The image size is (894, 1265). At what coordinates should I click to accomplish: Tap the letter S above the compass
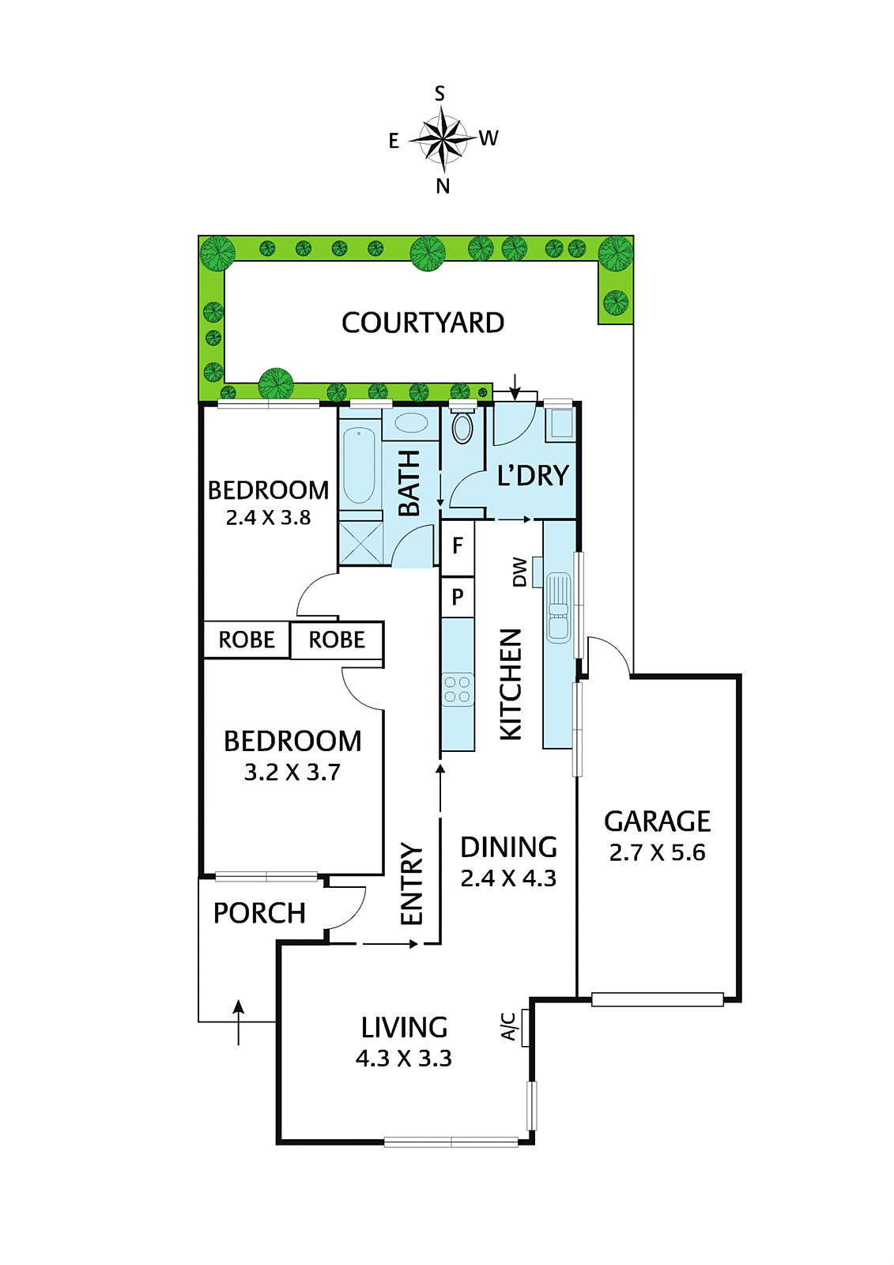(439, 93)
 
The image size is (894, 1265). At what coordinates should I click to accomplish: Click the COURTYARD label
(422, 323)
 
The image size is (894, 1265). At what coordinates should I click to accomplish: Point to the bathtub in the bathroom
(359, 466)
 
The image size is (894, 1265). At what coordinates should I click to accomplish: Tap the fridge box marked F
(458, 546)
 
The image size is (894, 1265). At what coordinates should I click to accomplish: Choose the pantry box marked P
(458, 596)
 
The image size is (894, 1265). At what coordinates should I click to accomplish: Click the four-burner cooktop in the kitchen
(458, 689)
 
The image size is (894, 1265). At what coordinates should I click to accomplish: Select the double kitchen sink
(559, 607)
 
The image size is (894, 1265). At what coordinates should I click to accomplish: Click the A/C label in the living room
(508, 1027)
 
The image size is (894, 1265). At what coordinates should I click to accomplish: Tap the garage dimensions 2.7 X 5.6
(657, 852)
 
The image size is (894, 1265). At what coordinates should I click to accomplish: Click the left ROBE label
(247, 640)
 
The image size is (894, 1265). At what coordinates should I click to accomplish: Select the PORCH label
(259, 913)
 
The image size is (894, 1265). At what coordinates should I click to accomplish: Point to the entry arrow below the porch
(239, 1022)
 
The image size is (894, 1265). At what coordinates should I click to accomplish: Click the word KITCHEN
(511, 685)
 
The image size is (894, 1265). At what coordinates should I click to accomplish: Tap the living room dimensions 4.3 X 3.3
(403, 1059)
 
